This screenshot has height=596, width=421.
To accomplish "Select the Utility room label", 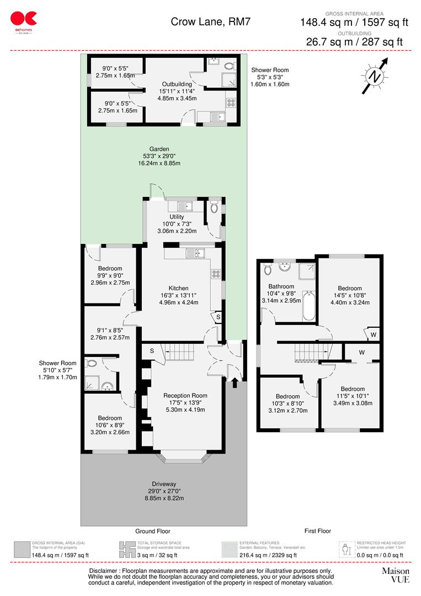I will tap(177, 217).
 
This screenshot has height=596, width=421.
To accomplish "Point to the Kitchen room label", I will tap(178, 288).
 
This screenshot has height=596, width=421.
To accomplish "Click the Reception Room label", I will tap(185, 395).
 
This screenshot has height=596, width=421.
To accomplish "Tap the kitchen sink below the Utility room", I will tap(196, 253).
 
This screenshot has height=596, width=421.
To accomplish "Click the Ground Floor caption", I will tap(153, 531).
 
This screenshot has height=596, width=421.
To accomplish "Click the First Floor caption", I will tap(318, 531).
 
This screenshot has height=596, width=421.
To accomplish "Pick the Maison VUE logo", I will tap(396, 575).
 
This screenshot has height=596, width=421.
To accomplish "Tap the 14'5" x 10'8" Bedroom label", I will tap(350, 289).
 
